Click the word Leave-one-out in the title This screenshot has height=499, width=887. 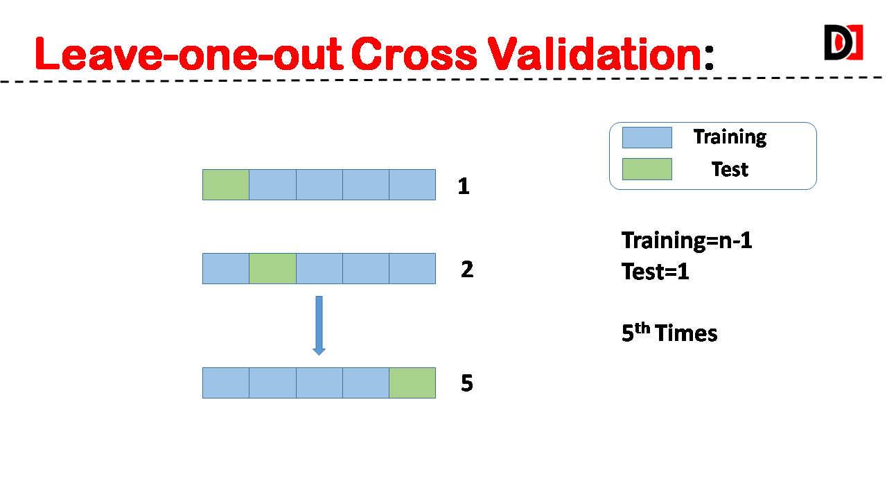[x=188, y=54]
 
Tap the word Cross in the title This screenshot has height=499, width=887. [x=414, y=54]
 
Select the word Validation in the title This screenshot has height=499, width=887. [x=595, y=54]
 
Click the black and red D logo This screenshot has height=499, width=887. [x=843, y=42]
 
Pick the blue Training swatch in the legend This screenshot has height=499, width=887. [x=647, y=137]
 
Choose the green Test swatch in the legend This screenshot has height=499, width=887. [x=647, y=169]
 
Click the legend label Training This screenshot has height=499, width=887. [x=730, y=137]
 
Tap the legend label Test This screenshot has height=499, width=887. [x=730, y=170]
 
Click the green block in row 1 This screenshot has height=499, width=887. [x=226, y=184]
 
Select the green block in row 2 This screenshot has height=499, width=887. [x=272, y=268]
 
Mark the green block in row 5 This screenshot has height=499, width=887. [x=412, y=383]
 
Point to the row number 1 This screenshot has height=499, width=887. [x=464, y=186]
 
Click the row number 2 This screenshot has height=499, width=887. [x=467, y=270]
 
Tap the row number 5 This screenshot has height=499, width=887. [x=467, y=383]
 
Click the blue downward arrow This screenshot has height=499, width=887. [x=319, y=326]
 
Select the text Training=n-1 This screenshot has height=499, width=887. [x=687, y=240]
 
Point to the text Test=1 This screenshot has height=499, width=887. [x=656, y=272]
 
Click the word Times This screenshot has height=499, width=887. [x=686, y=333]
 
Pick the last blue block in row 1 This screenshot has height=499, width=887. [x=412, y=184]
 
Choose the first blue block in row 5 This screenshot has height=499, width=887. [x=226, y=383]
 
